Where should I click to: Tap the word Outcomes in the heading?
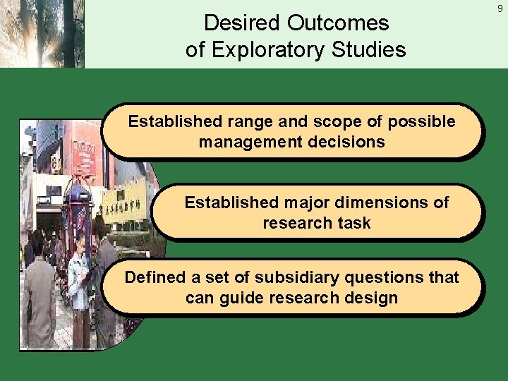point(338,23)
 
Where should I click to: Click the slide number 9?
point(500,10)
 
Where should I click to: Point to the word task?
point(355,224)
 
